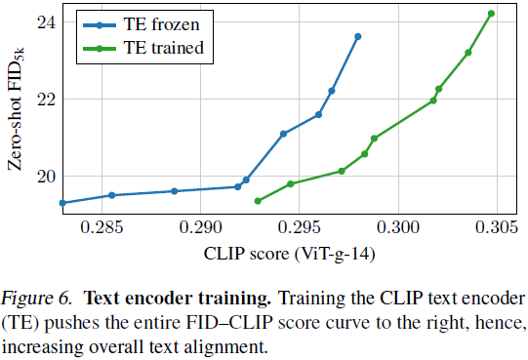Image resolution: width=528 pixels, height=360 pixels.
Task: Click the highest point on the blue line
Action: click(x=357, y=36)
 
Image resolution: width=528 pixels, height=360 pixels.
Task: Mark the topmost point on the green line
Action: click(x=491, y=14)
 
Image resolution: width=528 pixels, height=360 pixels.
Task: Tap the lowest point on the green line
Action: click(x=258, y=201)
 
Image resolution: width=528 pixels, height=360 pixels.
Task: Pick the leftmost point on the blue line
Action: click(x=62, y=203)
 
